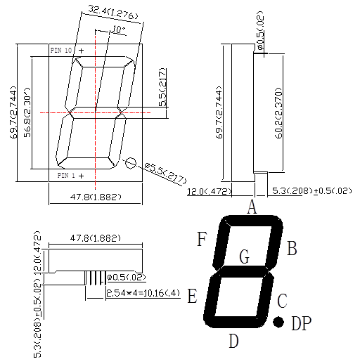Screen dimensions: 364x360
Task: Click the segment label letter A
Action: click(252, 207)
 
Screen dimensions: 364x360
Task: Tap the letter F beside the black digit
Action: click(202, 240)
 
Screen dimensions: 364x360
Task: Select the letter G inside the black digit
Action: click(244, 257)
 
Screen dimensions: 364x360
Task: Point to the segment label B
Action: click(292, 249)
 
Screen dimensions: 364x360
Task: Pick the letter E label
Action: click(192, 297)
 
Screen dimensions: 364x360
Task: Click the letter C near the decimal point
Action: click(282, 302)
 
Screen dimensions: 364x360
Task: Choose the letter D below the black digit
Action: click(233, 342)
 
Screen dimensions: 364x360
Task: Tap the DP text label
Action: click(301, 323)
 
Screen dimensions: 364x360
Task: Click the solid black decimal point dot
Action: click(278, 322)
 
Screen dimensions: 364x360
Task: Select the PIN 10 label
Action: click(61, 51)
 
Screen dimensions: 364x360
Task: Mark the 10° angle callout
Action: click(119, 30)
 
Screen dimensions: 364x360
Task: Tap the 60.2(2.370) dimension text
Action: click(278, 112)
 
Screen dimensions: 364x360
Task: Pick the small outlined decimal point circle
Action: click(130, 162)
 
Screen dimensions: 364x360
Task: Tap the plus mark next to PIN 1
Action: click(81, 174)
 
